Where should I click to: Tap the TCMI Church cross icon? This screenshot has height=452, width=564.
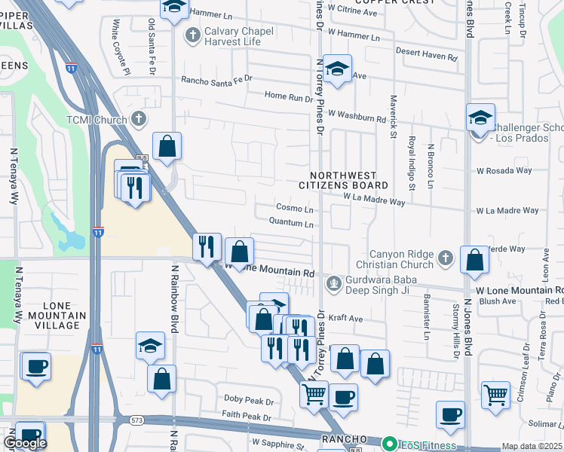pyautogui.click(x=139, y=119)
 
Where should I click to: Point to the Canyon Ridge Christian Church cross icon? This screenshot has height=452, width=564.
pyautogui.click(x=445, y=258)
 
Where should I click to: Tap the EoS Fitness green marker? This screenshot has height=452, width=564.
pyautogui.click(x=389, y=444)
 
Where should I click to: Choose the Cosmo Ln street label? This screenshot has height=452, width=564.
pyautogui.click(x=294, y=208)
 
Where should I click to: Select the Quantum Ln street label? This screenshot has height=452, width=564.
pyautogui.click(x=291, y=223)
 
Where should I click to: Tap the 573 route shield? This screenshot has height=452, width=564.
pyautogui.click(x=136, y=420)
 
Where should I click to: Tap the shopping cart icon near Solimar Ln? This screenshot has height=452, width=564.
pyautogui.click(x=495, y=395)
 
